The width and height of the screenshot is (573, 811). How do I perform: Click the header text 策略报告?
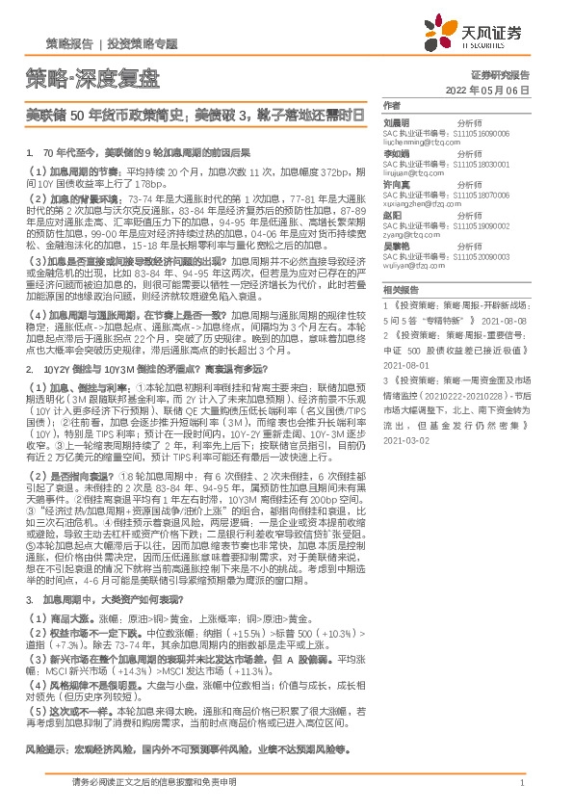point(69,44)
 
